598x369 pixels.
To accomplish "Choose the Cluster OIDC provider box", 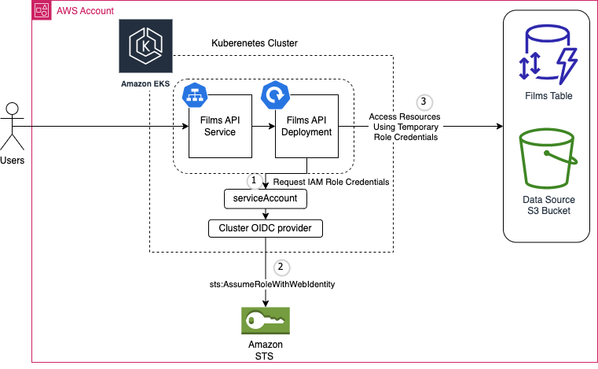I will click(266, 228).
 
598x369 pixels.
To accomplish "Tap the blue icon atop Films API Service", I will click(193, 94).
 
